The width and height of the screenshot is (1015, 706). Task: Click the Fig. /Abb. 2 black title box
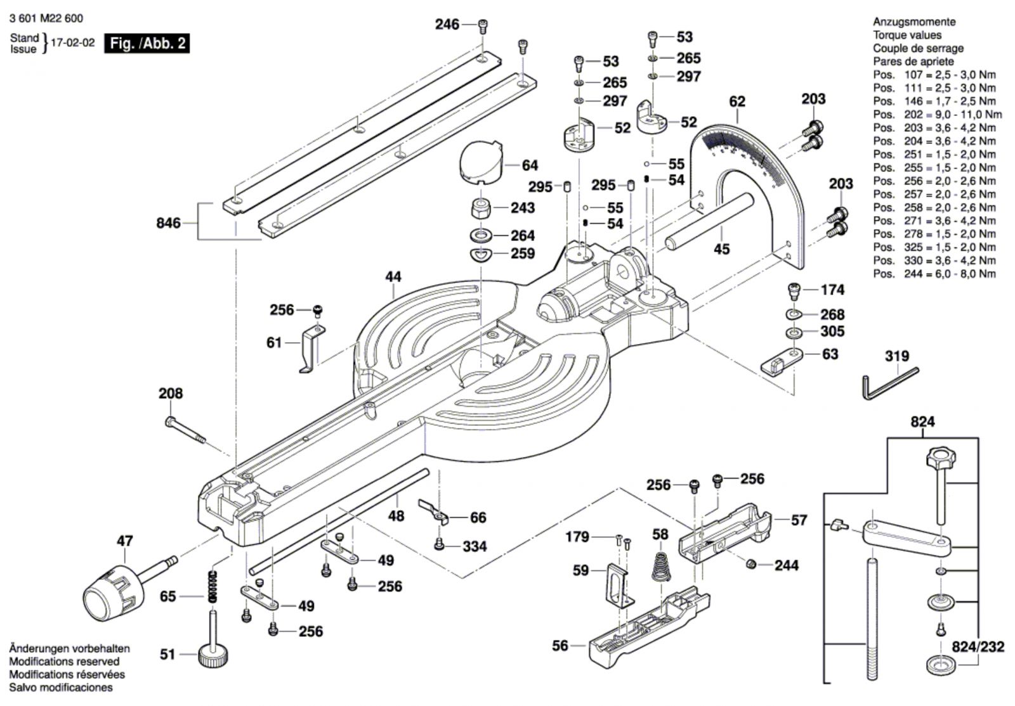click(147, 43)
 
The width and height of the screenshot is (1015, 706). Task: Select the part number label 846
click(168, 223)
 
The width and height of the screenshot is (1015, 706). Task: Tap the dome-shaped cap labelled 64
click(480, 163)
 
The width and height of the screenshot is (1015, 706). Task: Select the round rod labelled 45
click(709, 222)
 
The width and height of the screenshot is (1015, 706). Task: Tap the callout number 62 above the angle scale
click(737, 101)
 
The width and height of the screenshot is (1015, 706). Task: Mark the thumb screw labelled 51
click(213, 653)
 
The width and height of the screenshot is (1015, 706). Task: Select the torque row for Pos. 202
click(937, 115)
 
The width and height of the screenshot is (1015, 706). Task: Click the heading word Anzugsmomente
click(914, 22)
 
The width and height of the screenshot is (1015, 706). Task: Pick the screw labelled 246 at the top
click(483, 25)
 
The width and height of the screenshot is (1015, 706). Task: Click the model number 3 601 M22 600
click(46, 19)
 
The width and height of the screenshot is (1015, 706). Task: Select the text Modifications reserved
click(64, 662)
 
